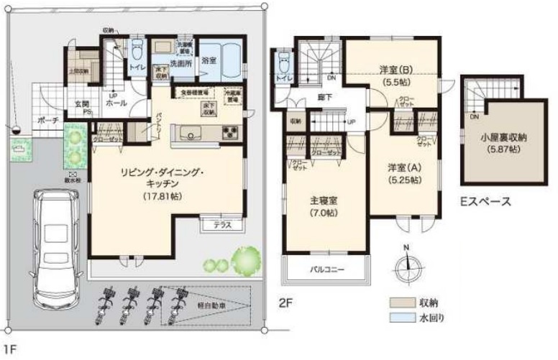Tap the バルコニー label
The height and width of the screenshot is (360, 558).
click(327, 270)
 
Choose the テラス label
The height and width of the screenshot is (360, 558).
click(222, 225)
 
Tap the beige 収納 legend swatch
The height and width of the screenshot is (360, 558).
click(399, 303)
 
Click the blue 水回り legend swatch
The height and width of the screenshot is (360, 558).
click(399, 318)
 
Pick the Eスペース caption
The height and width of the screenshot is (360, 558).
click(485, 202)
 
